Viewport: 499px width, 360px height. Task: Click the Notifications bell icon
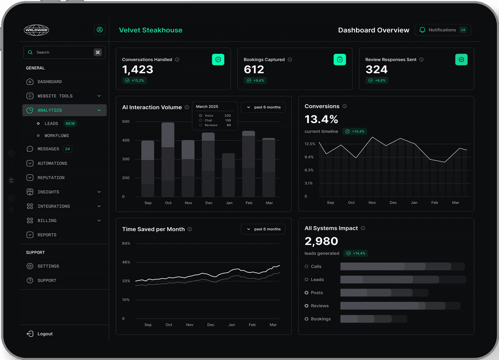[422, 30]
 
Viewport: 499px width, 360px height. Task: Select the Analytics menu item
[64, 110]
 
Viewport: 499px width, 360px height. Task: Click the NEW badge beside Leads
[70, 124]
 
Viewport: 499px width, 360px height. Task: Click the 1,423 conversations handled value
[138, 69]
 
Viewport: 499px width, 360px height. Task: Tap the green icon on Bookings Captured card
[340, 59]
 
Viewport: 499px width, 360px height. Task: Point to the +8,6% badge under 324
[377, 80]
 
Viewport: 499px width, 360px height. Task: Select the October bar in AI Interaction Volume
[168, 159]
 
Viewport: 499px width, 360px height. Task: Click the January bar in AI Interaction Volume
[228, 175]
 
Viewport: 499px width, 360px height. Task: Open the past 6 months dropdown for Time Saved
[263, 229]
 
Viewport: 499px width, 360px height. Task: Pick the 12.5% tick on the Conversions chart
[310, 144]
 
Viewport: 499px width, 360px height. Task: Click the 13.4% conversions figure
[321, 119]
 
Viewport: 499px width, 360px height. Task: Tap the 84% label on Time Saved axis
[126, 244]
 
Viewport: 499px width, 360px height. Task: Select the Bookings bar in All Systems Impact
[373, 319]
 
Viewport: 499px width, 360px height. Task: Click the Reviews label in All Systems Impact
[319, 306]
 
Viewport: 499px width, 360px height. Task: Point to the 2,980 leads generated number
[321, 241]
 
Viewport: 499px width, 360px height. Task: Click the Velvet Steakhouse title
[150, 30]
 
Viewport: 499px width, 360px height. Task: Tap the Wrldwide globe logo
[37, 30]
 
